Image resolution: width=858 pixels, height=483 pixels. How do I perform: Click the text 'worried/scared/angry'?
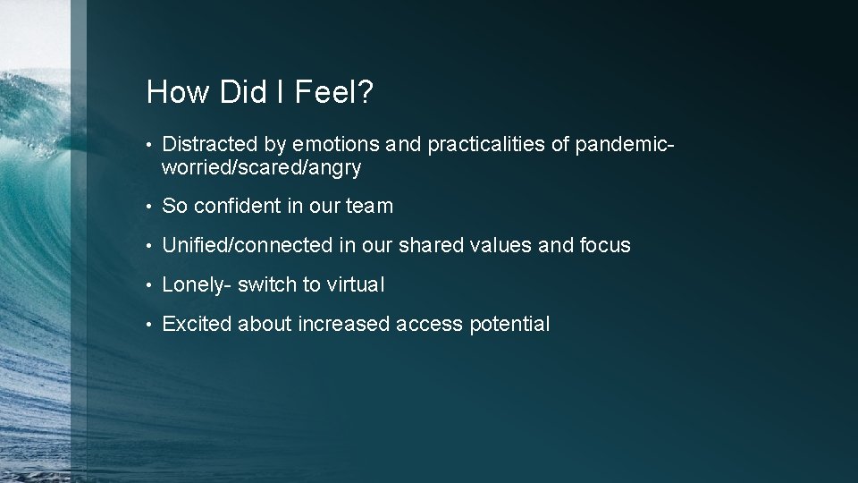261,167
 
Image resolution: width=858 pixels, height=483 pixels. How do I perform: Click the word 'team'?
369,206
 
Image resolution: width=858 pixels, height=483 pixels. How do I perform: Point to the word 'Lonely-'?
197,284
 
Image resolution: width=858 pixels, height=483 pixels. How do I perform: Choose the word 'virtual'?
355,284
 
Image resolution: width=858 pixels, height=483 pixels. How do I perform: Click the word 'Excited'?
197,324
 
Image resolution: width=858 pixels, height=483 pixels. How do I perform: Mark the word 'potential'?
509,324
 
